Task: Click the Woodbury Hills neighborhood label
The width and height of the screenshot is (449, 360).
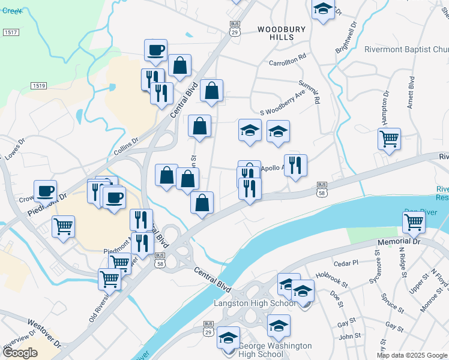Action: point(282,33)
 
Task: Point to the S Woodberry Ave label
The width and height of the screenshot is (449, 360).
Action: point(283,104)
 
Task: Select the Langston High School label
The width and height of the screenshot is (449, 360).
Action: point(255,304)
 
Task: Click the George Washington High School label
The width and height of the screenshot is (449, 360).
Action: point(275,350)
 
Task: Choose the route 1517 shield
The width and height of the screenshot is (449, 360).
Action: point(10,31)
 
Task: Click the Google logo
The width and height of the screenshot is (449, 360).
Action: point(20,353)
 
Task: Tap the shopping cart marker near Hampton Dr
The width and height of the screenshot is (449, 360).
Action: point(389,139)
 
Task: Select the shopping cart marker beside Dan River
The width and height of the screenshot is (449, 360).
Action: point(414,221)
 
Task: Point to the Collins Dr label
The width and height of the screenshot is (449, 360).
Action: point(126,144)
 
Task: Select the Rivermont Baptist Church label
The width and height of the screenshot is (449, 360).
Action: point(406,49)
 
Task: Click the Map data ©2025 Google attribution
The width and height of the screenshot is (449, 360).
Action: point(412,355)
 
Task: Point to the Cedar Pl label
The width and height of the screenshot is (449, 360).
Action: point(345,263)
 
